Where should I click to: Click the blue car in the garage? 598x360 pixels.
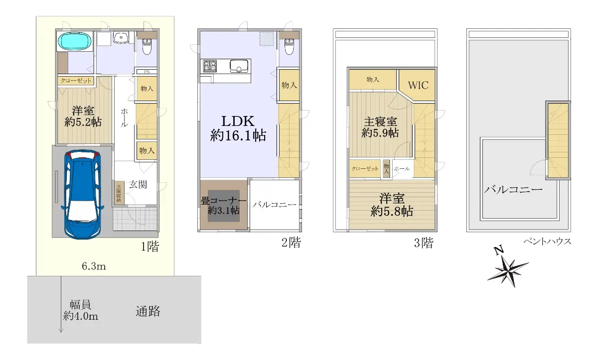[x=82, y=194]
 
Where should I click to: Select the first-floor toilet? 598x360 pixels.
[x=147, y=46]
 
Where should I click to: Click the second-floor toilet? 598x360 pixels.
[x=289, y=46]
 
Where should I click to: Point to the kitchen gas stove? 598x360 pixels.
[x=210, y=66]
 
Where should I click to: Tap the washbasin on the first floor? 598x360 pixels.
[x=121, y=37]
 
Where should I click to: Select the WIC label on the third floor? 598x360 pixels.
[x=418, y=85]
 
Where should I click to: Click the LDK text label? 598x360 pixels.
[x=238, y=121]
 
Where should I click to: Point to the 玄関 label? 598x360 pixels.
[x=138, y=184]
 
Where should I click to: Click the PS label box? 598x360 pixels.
[x=147, y=72]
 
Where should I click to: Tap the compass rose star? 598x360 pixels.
[x=508, y=271]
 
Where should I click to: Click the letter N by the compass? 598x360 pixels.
[x=499, y=249]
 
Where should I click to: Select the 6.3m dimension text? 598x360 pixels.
[x=94, y=266]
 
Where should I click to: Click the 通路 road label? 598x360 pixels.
[x=148, y=311]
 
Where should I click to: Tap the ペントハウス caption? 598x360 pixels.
[x=547, y=241]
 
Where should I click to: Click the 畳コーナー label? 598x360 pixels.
[x=223, y=201]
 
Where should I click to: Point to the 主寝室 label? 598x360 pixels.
[x=380, y=122]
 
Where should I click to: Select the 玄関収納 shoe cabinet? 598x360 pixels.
[x=119, y=193]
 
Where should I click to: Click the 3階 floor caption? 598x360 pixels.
[x=424, y=242]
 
